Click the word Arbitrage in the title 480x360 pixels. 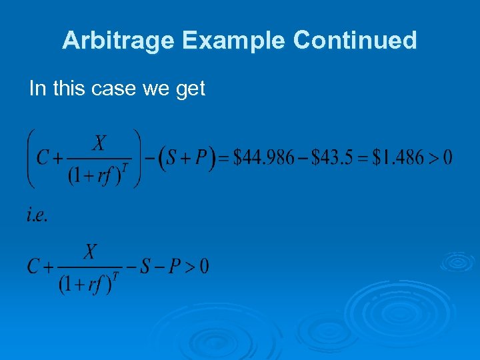coord(118,41)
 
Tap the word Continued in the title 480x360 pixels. coord(355,41)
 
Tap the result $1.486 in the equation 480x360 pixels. coord(399,158)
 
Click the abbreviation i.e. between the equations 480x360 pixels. coord(37,215)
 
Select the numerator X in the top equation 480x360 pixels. coord(99,143)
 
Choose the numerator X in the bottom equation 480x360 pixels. coord(90,252)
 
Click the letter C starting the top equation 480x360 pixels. coord(43,159)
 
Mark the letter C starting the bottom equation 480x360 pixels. coord(33,267)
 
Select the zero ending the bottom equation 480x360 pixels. coord(203,267)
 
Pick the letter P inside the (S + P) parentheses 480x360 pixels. coord(202,159)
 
